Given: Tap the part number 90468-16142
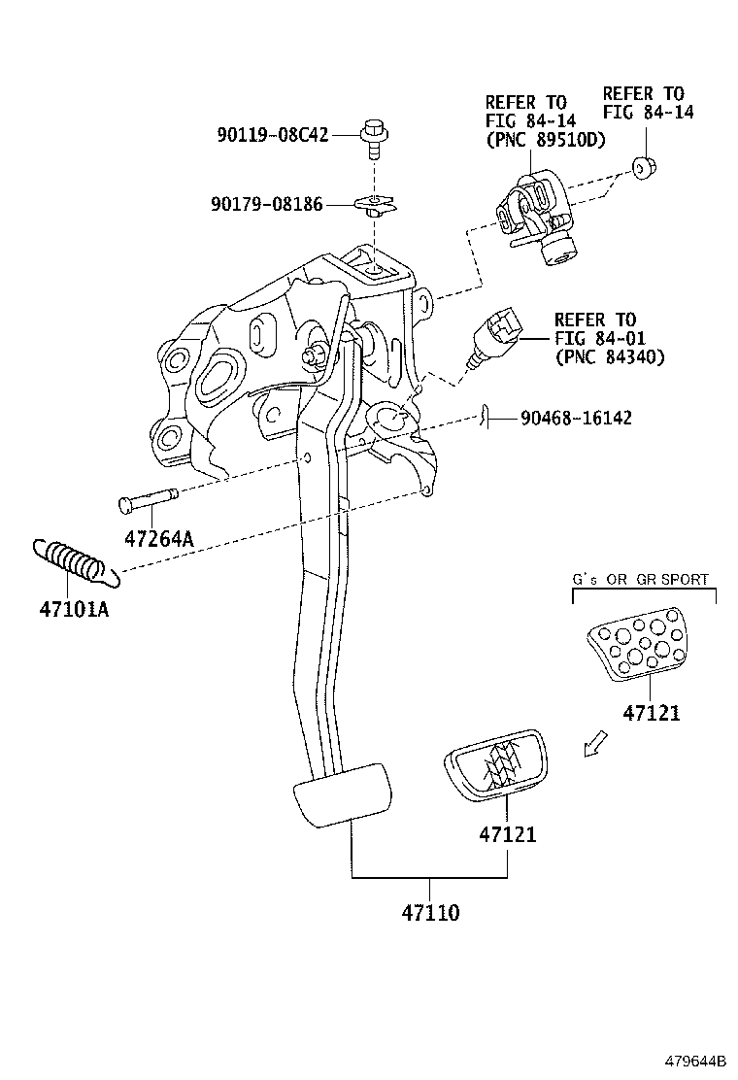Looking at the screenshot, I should [576, 419].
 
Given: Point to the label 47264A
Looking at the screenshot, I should [158, 538].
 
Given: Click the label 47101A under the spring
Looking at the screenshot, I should [74, 612].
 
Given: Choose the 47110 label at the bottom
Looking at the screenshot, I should [430, 913].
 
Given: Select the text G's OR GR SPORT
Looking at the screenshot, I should [640, 579].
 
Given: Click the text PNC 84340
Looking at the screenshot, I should [610, 357].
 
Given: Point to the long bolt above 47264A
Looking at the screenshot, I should [147, 502].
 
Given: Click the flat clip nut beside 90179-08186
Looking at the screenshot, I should [374, 203].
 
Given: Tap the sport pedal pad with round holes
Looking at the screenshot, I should [635, 647].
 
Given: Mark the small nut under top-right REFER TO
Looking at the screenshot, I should [642, 168].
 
